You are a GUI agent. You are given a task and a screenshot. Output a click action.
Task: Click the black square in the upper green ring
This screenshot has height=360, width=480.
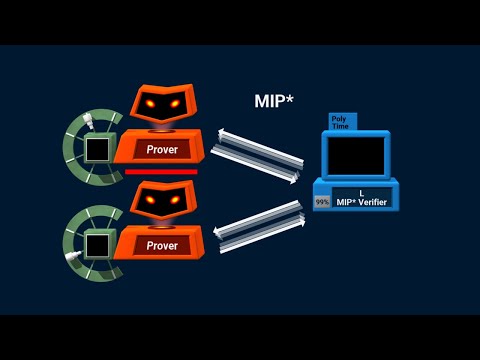pos(97,151)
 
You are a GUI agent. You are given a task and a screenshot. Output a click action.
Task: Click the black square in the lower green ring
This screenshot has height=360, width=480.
pos(97,244)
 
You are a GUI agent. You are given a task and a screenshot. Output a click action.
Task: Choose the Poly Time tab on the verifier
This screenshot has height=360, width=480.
pos(342,121)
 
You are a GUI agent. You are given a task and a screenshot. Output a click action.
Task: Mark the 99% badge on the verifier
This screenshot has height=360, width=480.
pos(322,201)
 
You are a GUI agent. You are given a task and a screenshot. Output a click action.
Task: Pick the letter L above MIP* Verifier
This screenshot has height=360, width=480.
pos(361,191)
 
